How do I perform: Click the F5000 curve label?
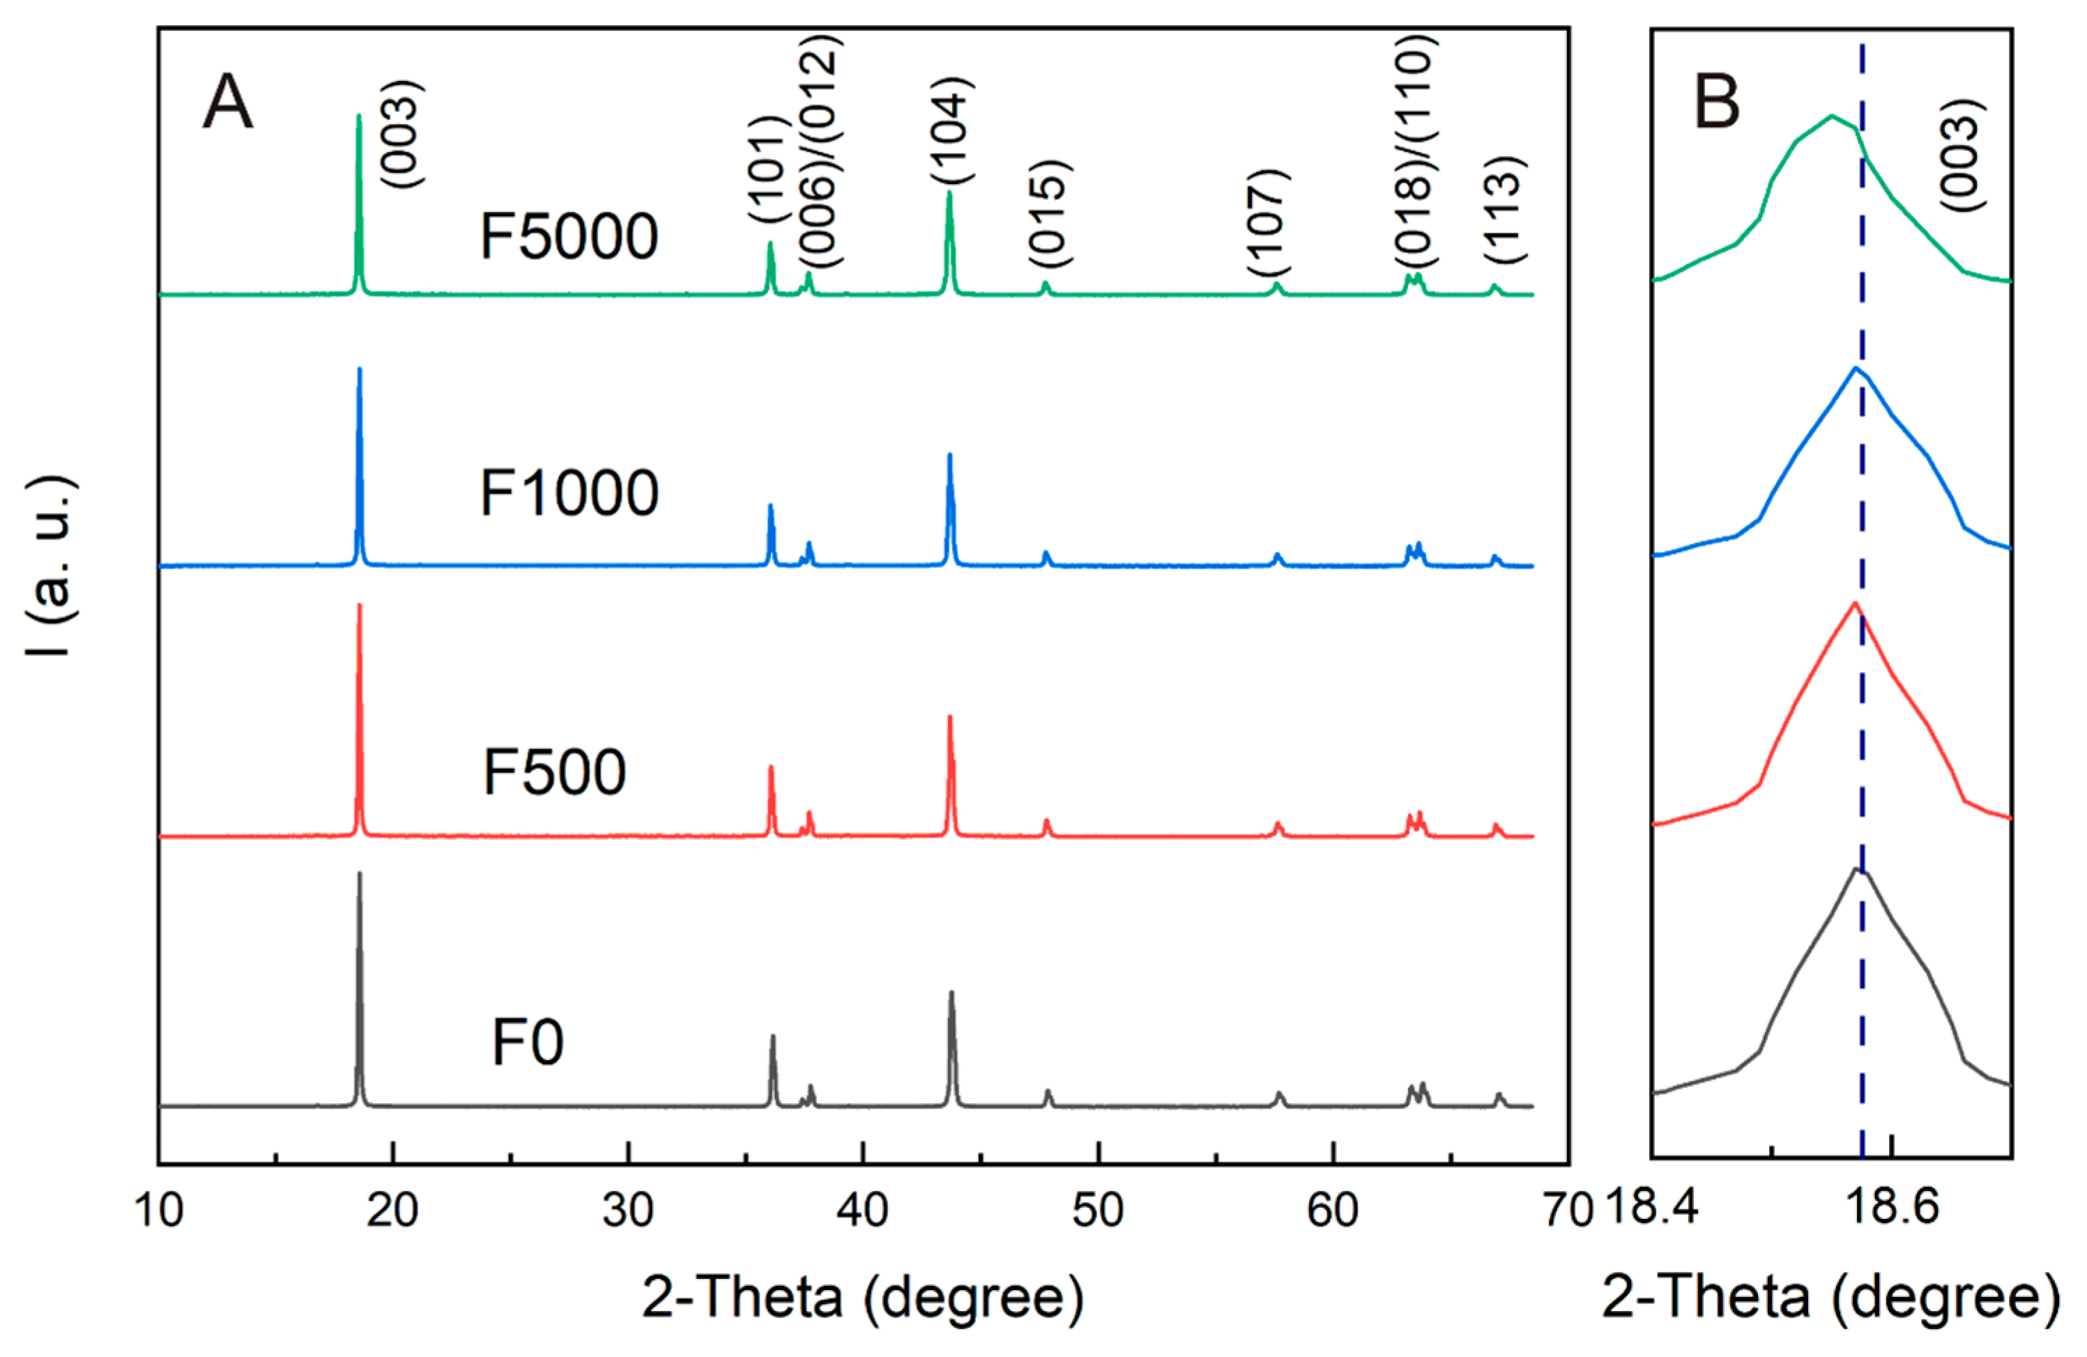pos(568,237)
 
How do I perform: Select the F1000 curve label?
pos(568,493)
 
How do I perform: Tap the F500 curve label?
pos(554,772)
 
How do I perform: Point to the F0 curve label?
pos(527,1043)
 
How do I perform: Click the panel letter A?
pos(227,102)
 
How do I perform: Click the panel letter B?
pos(1716,102)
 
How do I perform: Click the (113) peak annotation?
pos(1506,210)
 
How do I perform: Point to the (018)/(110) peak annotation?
pos(1415,153)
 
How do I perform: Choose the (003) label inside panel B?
pos(1961,155)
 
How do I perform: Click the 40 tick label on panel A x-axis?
pos(863,1211)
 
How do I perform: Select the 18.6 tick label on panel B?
pos(1891,1207)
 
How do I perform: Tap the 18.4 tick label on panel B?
pos(1652,1207)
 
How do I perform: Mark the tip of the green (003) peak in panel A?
pos(359,116)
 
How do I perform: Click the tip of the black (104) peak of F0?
pos(951,992)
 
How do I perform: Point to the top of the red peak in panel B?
pos(1855,602)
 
